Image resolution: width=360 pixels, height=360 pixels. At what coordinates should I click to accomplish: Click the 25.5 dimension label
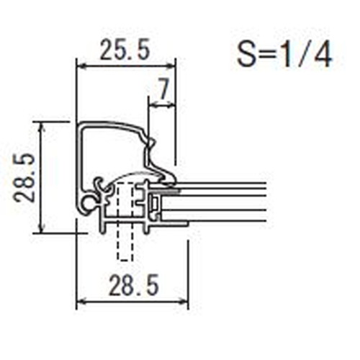pyautogui.click(x=125, y=50)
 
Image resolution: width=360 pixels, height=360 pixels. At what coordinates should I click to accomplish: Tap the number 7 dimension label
pyautogui.click(x=163, y=90)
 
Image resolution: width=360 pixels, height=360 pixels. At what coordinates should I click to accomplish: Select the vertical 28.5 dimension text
pyautogui.click(x=24, y=178)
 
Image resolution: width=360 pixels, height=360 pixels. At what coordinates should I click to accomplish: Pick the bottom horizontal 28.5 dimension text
pyautogui.click(x=134, y=285)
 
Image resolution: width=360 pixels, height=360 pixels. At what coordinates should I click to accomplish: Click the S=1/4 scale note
pyautogui.click(x=284, y=55)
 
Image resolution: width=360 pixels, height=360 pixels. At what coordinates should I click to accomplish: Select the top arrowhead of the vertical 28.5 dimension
pyautogui.click(x=42, y=126)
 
